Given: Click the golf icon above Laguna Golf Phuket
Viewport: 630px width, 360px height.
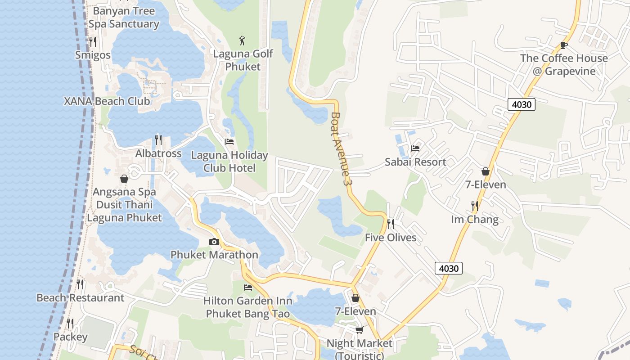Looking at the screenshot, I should pyautogui.click(x=243, y=40).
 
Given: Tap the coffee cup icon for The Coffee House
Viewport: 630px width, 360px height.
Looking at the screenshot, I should pyautogui.click(x=563, y=45).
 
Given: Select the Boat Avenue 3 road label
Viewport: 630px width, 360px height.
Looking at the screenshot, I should pyautogui.click(x=340, y=148).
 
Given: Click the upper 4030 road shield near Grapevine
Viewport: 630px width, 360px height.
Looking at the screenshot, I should pyautogui.click(x=522, y=105).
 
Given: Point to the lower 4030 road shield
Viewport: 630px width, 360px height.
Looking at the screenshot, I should pyautogui.click(x=449, y=269).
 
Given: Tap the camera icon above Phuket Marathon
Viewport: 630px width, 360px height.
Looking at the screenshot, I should pyautogui.click(x=214, y=242).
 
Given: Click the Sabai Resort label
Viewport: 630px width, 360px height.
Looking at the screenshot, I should pyautogui.click(x=415, y=162).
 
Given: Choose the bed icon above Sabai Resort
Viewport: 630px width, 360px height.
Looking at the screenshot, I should pyautogui.click(x=415, y=148).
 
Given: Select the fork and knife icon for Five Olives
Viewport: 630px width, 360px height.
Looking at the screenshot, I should pyautogui.click(x=391, y=224).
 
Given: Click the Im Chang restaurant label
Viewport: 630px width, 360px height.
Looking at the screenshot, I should pyautogui.click(x=475, y=220).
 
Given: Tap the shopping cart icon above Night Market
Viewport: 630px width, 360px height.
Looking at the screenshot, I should pyautogui.click(x=359, y=330).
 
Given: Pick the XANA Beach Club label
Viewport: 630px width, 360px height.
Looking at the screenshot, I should pyautogui.click(x=107, y=101).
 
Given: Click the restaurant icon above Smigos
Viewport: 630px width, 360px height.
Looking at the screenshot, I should pyautogui.click(x=93, y=42).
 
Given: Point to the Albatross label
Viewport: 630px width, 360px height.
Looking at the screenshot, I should pyautogui.click(x=158, y=153).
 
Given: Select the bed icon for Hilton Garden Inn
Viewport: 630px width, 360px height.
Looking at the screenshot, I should pyautogui.click(x=247, y=288).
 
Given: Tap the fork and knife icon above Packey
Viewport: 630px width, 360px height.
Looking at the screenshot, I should pyautogui.click(x=70, y=324).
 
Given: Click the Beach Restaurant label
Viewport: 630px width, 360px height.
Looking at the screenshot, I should pyautogui.click(x=80, y=298).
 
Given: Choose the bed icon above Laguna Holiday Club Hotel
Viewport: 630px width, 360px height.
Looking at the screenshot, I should pyautogui.click(x=229, y=142).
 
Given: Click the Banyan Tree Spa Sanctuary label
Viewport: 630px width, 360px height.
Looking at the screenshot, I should pyautogui.click(x=124, y=17).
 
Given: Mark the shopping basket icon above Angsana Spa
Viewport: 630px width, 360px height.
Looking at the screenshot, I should pyautogui.click(x=124, y=179).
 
